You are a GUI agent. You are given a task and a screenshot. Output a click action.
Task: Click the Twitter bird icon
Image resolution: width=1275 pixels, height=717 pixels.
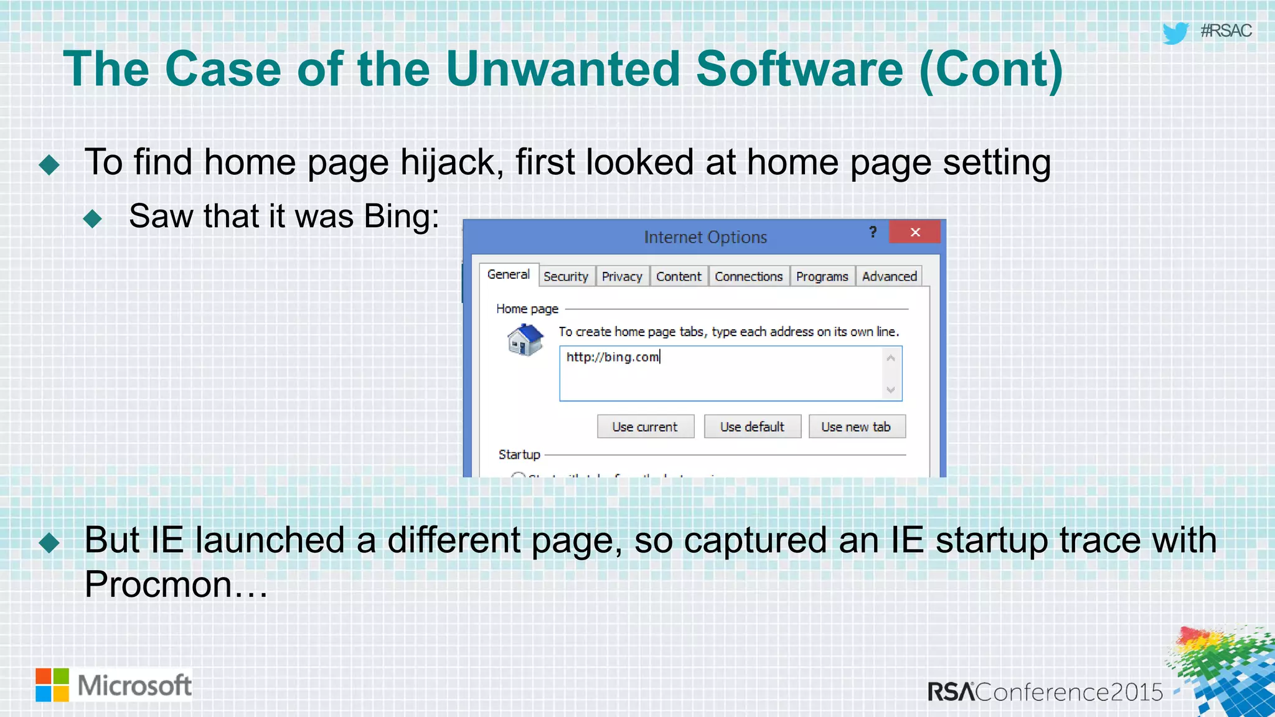[1175, 32]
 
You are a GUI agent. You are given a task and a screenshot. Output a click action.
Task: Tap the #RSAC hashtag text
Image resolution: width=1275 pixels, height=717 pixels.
[1226, 30]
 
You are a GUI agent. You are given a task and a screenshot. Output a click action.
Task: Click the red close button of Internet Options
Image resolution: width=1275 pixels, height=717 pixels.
[915, 232]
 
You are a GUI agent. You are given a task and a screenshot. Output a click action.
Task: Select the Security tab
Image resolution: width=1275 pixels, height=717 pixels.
[565, 276]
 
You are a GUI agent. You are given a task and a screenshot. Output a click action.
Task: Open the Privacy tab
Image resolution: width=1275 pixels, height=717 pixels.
[621, 276]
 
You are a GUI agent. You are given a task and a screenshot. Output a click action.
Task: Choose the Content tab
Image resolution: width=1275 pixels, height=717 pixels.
[678, 276]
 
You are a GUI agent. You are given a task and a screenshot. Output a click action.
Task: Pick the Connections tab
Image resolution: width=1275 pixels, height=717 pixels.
[748, 276]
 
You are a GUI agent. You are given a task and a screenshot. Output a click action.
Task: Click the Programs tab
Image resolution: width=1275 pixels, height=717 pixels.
[822, 276]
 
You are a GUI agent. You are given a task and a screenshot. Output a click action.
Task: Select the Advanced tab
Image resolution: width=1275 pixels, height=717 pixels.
[889, 276]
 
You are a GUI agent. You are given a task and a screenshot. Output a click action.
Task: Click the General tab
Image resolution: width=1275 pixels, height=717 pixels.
[508, 274]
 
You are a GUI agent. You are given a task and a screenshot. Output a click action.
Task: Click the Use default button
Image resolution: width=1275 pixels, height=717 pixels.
[752, 427]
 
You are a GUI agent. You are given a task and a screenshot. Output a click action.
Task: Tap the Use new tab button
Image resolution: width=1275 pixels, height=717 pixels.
[856, 427]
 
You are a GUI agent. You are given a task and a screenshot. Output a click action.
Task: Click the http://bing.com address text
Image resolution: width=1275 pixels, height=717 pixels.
[613, 357]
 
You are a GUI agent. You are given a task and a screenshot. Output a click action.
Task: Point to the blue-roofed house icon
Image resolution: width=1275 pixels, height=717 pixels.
[525, 340]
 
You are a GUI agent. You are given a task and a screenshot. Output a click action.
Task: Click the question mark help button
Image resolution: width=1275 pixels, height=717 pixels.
[873, 232]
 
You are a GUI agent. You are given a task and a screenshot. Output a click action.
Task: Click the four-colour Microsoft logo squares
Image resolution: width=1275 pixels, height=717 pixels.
[52, 685]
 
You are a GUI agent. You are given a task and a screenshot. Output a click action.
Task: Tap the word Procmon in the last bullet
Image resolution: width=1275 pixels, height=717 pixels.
[158, 584]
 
